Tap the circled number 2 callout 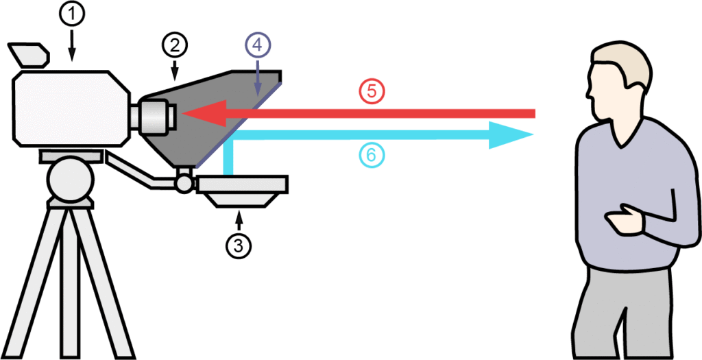tap(174, 45)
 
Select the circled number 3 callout tap(239, 245)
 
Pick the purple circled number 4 tap(258, 47)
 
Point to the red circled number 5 tap(372, 92)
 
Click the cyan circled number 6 tap(371, 156)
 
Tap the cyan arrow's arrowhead tap(511, 134)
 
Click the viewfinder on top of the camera tap(27, 56)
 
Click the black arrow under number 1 tap(73, 45)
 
